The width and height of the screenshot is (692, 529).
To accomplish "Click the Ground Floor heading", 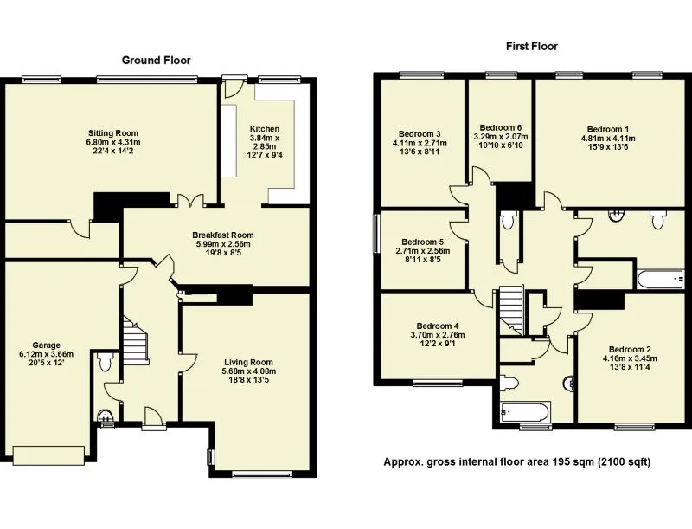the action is (157, 60).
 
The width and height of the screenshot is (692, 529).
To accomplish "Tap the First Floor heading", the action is (532, 46).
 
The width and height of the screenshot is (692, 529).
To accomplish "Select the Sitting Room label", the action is (113, 133).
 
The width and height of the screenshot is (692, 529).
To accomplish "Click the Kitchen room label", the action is (265, 128).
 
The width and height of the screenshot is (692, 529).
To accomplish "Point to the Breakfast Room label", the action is (223, 235).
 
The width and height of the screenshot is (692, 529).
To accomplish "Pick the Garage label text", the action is (47, 345).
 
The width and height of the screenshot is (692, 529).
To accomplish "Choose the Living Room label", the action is (248, 362).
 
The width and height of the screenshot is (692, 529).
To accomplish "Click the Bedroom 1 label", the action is (608, 129).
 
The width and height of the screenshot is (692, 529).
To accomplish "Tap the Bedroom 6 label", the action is (501, 127).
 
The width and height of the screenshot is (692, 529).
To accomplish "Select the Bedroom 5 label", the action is (422, 242).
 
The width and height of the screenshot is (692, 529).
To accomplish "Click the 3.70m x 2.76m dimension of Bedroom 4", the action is (438, 335).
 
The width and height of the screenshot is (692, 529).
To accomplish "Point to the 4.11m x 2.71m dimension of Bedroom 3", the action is (420, 143).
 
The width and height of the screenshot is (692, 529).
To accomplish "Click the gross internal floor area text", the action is (516, 461).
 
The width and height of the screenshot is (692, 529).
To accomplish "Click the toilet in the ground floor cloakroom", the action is (105, 362).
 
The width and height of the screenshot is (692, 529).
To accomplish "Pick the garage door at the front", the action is (48, 455).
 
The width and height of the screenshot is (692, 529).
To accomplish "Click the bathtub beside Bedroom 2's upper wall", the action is (661, 279).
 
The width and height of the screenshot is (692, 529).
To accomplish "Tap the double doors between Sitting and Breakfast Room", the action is (190, 201).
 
